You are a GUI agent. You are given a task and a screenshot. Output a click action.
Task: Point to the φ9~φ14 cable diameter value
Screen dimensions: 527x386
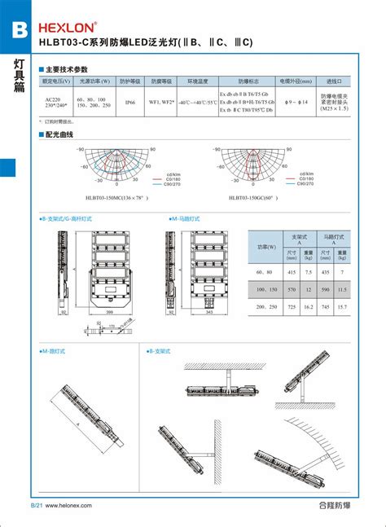tap(294, 103)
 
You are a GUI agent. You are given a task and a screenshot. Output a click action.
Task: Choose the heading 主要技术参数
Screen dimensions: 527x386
tap(66, 70)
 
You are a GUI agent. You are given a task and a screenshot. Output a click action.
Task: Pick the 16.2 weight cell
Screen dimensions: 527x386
tap(309, 307)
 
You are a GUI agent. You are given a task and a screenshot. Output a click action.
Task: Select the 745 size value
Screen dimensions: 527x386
tap(327, 307)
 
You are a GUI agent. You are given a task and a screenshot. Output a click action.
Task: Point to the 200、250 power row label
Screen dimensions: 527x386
tap(267, 307)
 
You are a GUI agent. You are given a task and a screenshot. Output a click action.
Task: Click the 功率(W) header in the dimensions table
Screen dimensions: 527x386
tap(266, 246)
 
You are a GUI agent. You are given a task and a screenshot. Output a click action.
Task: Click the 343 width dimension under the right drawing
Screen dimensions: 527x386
tap(208, 311)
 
